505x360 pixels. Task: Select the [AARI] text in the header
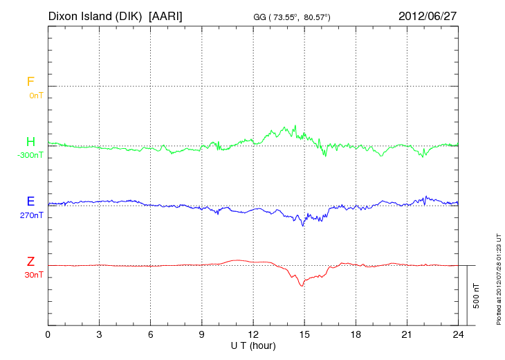coord(165,16)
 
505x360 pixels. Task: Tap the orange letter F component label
coord(30,82)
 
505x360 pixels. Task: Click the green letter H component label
coord(30,142)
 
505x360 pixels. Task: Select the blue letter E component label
coord(30,201)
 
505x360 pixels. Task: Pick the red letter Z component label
coord(30,262)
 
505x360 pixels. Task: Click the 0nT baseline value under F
coord(35,95)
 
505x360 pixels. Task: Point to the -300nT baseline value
coord(30,155)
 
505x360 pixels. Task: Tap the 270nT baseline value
coord(32,215)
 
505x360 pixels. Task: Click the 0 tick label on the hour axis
coord(48,334)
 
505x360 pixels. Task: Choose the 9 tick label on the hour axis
coord(202,334)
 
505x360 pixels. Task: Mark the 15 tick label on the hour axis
coord(304,334)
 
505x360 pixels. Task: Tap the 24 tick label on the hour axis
coord(458,334)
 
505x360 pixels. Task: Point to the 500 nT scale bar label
coord(476,295)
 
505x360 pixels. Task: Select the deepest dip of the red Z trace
coord(302,286)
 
